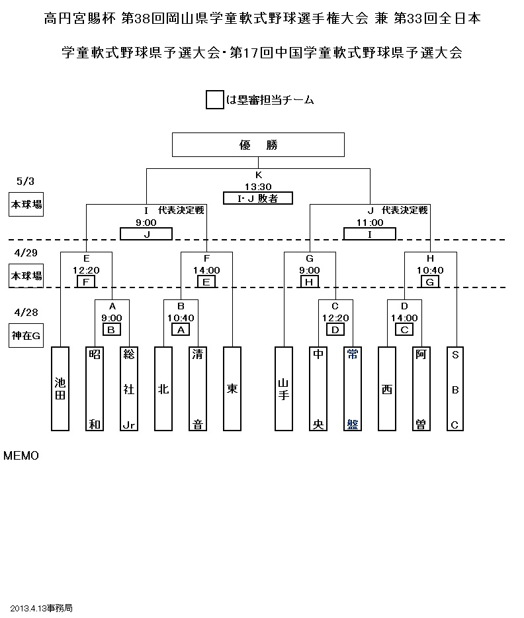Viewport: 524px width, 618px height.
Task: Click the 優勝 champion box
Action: point(258,145)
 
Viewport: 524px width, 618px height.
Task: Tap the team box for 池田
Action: point(60,388)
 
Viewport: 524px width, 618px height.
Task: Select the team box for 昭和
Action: point(95,388)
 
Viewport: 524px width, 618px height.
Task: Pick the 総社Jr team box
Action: point(129,388)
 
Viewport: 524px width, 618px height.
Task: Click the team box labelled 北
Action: point(163,388)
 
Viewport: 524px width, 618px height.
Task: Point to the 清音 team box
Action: point(198,388)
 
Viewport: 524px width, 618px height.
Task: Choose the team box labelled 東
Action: point(232,388)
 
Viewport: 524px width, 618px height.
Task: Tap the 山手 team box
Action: point(284,388)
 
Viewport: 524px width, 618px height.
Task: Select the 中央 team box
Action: point(318,388)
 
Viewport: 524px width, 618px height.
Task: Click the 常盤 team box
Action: point(353,388)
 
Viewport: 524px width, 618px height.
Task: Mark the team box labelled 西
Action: point(387,388)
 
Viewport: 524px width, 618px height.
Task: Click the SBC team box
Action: point(455,388)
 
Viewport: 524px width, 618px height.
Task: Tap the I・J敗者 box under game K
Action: point(258,198)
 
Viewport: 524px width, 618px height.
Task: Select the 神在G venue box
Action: point(26,336)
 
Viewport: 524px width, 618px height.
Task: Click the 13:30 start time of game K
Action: point(258,187)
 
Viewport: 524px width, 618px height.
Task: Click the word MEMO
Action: point(21,456)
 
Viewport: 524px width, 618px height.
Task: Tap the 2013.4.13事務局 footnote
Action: point(41,607)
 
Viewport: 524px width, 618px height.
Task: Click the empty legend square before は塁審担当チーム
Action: point(214,100)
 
